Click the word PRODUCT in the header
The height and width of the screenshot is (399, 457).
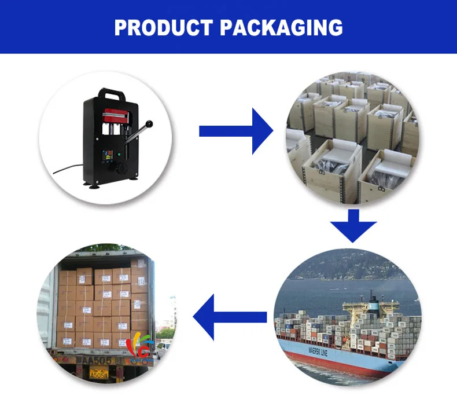click(x=163, y=27)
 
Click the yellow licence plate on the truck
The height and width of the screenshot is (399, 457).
click(x=95, y=374)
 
